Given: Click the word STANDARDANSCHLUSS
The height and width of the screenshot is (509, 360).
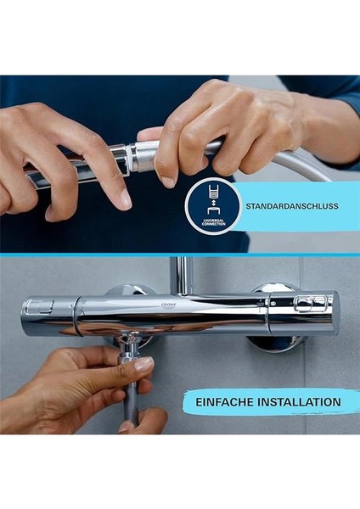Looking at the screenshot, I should (291, 206).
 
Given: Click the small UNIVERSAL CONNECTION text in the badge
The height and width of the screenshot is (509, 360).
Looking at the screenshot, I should (211, 222).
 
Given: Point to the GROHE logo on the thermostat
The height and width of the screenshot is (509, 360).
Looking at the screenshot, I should (172, 299).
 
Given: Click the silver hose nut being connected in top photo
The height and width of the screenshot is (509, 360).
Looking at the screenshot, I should (144, 156).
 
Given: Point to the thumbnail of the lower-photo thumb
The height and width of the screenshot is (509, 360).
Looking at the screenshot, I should (143, 364).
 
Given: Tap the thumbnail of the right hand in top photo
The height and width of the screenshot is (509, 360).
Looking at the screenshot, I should (166, 180).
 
